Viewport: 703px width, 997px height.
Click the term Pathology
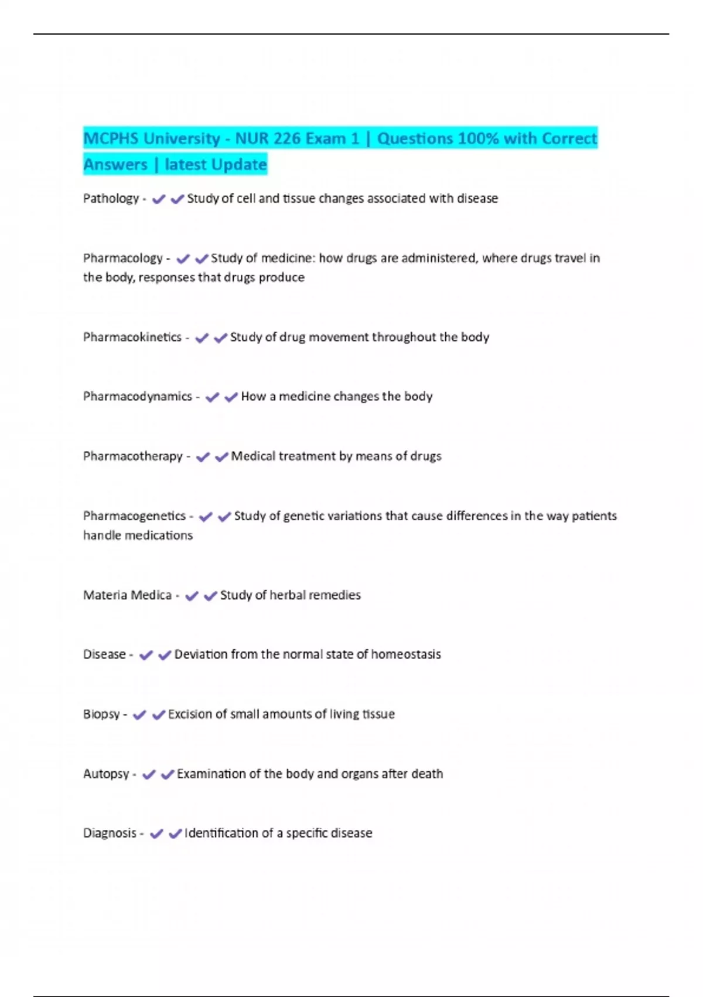pyautogui.click(x=111, y=199)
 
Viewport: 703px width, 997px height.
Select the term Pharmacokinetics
pyautogui.click(x=132, y=337)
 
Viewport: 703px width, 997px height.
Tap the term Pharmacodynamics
pyautogui.click(x=137, y=396)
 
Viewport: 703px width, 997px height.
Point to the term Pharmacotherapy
pyautogui.click(x=132, y=456)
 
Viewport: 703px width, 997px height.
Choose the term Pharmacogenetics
pyautogui.click(x=134, y=516)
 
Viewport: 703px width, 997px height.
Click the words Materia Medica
pyautogui.click(x=127, y=595)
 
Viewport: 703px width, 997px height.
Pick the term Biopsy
pyautogui.click(x=101, y=714)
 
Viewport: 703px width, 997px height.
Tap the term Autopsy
pyautogui.click(x=106, y=774)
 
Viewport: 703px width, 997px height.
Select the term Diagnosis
pyautogui.click(x=110, y=833)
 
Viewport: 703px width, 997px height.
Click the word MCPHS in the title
pyautogui.click(x=110, y=139)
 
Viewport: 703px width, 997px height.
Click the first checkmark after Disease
pyautogui.click(x=146, y=655)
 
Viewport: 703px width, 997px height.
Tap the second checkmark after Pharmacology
pyautogui.click(x=202, y=259)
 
